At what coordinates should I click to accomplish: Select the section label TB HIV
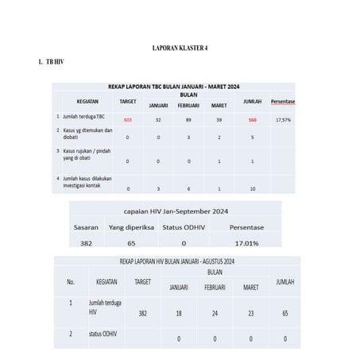tap(55, 61)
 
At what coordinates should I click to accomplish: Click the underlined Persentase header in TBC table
tap(283, 101)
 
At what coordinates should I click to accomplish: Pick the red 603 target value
tap(127, 120)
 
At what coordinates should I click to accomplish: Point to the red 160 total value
tap(252, 120)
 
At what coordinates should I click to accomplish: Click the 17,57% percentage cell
tap(283, 120)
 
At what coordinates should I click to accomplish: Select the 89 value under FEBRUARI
tap(188, 120)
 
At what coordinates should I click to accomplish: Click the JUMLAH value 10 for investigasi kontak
tap(252, 188)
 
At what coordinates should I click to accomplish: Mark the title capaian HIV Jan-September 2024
tap(176, 211)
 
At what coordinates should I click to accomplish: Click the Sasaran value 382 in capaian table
tap(87, 243)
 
